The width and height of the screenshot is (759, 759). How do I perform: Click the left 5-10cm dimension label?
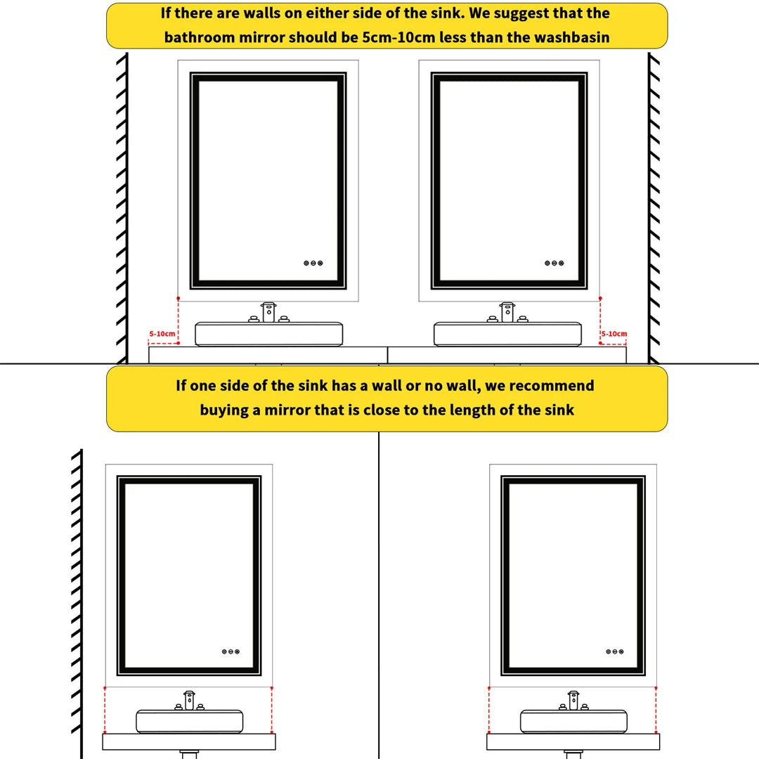click(161, 334)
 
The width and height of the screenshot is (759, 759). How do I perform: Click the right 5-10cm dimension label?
click(614, 334)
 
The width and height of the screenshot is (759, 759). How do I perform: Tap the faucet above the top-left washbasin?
click(268, 312)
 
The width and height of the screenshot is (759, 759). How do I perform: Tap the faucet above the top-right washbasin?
click(507, 312)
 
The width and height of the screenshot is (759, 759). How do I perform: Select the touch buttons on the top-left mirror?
click(313, 263)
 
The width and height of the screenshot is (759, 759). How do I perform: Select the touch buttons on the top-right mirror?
click(554, 263)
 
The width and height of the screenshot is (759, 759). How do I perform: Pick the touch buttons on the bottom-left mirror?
click(231, 651)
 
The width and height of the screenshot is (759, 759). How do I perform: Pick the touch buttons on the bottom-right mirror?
click(615, 651)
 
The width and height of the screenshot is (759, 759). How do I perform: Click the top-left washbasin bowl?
click(268, 335)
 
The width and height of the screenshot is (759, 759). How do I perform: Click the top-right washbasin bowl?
click(507, 335)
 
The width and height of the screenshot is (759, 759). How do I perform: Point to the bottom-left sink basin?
click(189, 722)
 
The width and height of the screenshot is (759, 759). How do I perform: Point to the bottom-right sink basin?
click(573, 722)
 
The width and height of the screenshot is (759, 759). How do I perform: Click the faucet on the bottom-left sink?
click(189, 700)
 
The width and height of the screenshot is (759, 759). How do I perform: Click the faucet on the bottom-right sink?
click(573, 700)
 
